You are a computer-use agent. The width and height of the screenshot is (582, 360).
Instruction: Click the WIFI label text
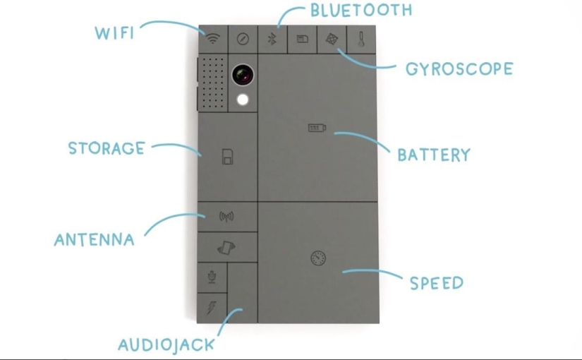pyautogui.click(x=114, y=32)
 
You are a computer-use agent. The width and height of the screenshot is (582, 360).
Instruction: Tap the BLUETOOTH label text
pyautogui.click(x=360, y=11)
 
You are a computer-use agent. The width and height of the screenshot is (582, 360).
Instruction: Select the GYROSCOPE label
pyautogui.click(x=459, y=69)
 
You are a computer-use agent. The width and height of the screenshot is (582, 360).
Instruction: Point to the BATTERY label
pyautogui.click(x=433, y=155)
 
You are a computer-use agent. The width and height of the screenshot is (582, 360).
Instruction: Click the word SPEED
pyautogui.click(x=437, y=283)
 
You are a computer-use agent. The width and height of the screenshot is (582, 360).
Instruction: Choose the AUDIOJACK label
pyautogui.click(x=166, y=344)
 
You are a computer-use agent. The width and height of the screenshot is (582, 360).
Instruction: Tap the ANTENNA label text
pyautogui.click(x=94, y=239)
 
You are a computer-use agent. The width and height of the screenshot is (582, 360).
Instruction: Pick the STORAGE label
pyautogui.click(x=107, y=148)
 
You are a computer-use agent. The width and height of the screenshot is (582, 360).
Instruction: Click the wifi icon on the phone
pyautogui.click(x=213, y=38)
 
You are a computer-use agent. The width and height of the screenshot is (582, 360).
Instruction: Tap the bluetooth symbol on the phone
pyautogui.click(x=272, y=39)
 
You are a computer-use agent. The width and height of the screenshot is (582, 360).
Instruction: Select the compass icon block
pyautogui.click(x=243, y=39)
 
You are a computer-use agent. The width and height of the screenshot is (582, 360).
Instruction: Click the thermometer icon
pyautogui.click(x=361, y=39)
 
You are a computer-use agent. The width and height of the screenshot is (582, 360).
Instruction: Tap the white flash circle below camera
pyautogui.click(x=243, y=100)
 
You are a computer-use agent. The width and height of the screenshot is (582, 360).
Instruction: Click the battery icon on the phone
pyautogui.click(x=317, y=128)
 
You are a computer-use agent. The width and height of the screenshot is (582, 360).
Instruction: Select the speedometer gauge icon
pyautogui.click(x=318, y=258)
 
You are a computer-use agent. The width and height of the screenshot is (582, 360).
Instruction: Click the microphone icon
pyautogui.click(x=212, y=277)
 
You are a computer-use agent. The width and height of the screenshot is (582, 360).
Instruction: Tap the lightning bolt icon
pyautogui.click(x=212, y=307)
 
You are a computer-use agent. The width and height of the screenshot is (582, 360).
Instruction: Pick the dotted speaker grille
pyautogui.click(x=212, y=83)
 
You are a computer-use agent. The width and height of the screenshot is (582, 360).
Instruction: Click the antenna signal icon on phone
pyautogui.click(x=226, y=217)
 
